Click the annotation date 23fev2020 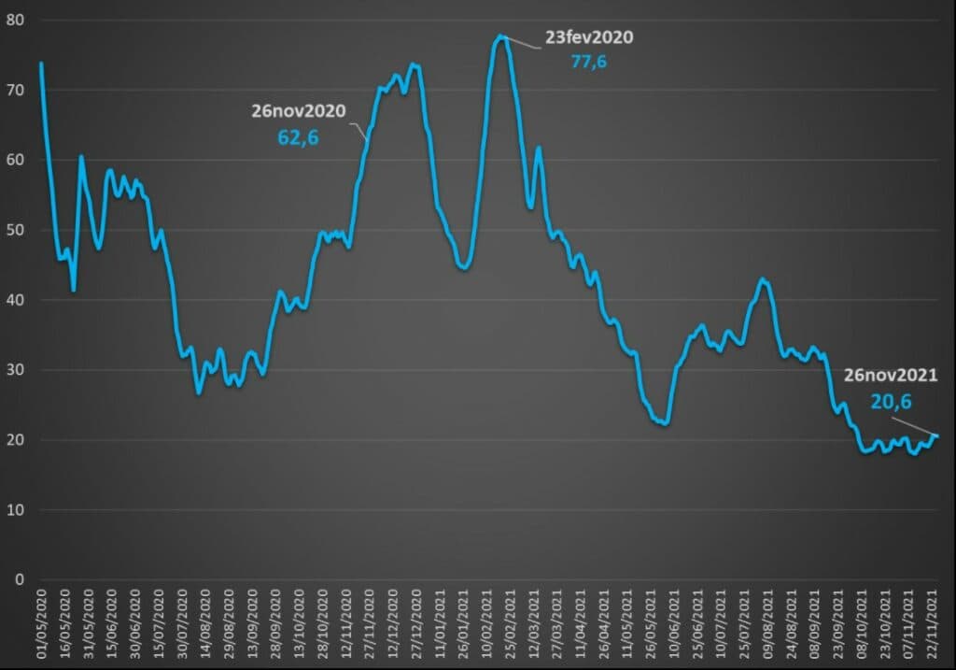[x=589, y=38]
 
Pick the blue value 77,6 [x=589, y=62]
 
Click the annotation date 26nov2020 [x=299, y=111]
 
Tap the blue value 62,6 [x=299, y=137]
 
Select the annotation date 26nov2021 [x=891, y=376]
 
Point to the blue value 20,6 [x=891, y=402]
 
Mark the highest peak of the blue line [x=501, y=36]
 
